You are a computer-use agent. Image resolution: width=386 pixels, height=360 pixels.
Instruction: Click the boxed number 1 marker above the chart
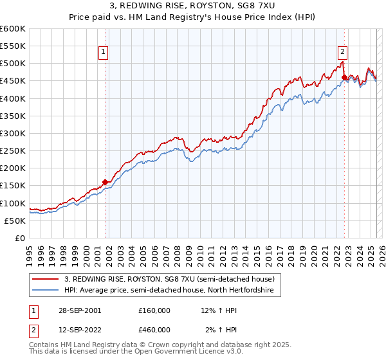(104, 53)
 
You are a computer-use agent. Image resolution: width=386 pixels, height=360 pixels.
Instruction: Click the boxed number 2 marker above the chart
(342, 53)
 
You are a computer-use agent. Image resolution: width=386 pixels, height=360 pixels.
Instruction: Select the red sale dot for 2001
(106, 182)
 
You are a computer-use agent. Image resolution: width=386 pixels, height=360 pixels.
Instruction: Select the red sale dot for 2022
(344, 78)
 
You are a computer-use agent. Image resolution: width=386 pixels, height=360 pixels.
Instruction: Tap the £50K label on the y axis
(15, 221)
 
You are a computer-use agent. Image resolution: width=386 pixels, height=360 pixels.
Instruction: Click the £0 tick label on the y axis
(21, 238)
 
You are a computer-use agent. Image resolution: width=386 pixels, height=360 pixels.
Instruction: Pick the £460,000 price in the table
(154, 329)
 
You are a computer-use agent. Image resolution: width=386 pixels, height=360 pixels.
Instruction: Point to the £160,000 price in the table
(154, 310)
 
